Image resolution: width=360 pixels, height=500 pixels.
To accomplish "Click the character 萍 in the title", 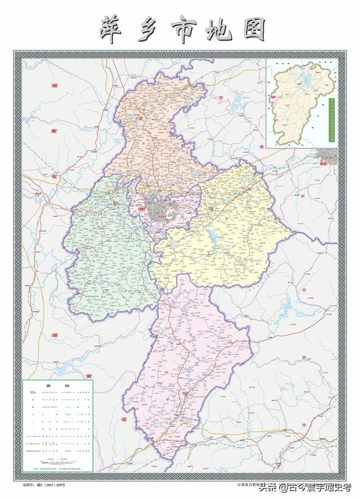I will [112, 28].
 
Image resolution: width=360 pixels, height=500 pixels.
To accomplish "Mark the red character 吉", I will [304, 290].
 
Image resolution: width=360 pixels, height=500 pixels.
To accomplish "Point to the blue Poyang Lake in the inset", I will [304, 77].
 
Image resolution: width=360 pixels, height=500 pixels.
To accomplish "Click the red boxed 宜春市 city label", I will [322, 163].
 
